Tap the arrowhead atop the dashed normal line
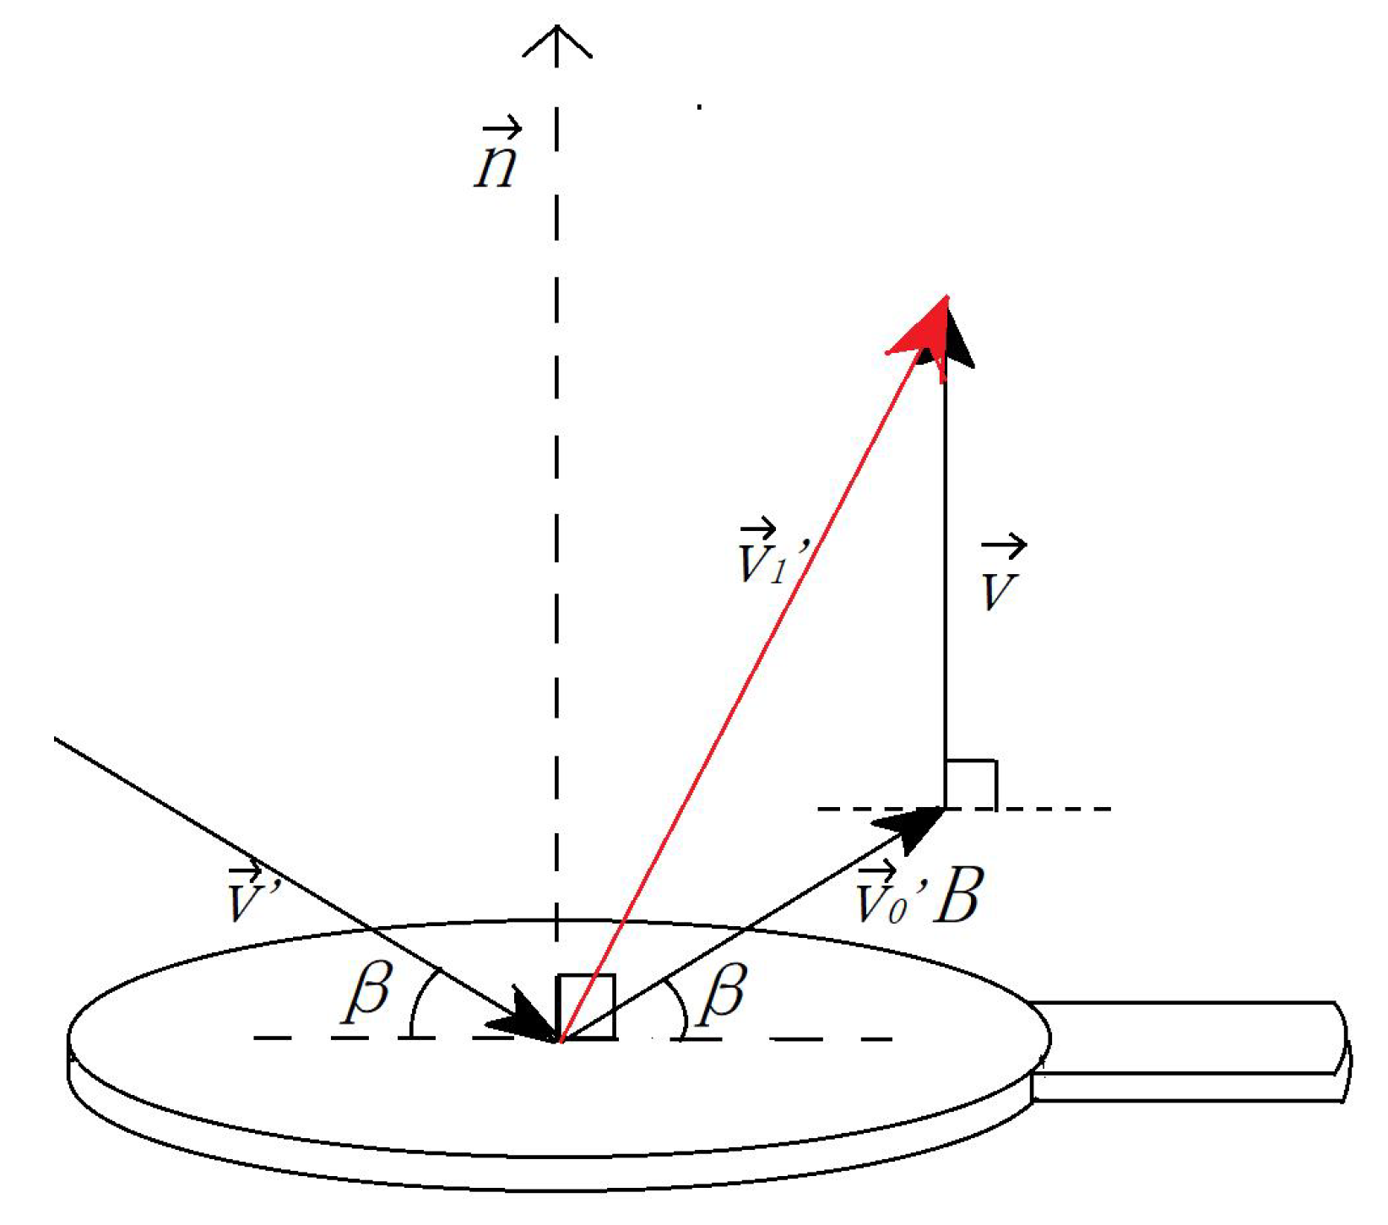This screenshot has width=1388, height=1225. [556, 42]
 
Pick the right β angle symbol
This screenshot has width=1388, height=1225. [723, 989]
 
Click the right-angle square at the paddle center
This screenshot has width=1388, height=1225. [586, 1006]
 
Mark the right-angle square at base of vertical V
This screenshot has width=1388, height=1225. [971, 784]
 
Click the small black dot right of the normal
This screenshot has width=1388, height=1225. [699, 107]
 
